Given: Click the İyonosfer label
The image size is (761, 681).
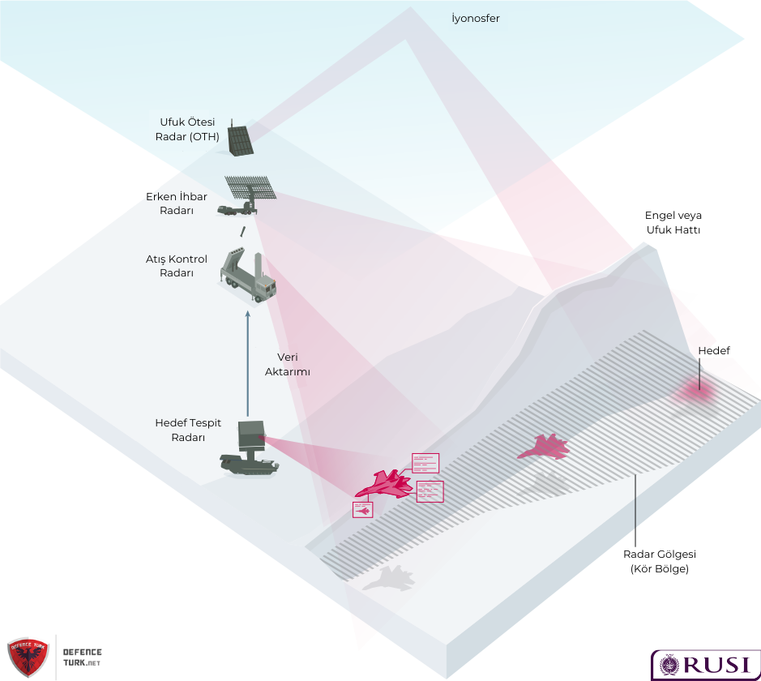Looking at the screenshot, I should coord(476,18).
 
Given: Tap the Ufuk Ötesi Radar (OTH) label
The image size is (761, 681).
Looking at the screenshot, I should coord(187,129).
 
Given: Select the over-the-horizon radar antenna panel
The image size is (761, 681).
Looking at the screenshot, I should coord(240,140).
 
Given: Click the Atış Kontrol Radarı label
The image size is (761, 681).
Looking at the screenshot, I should coord(176,266).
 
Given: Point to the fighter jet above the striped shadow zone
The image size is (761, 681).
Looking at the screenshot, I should coord(544,447).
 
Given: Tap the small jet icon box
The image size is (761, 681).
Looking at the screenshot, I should coord(362,510).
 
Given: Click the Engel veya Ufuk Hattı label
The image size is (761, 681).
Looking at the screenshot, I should coord(673,222).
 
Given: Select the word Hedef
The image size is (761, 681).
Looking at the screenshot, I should coord(713,350).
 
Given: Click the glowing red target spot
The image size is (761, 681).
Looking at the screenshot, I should coord(695,392).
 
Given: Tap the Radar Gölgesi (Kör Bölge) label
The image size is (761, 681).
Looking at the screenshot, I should coord(660,561).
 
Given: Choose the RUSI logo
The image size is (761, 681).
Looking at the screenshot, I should coord(704,664).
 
